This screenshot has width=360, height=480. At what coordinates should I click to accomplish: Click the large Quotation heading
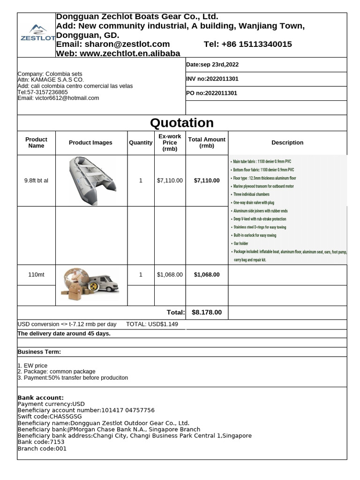[182, 123]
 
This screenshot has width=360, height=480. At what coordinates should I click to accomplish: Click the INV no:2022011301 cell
[212, 79]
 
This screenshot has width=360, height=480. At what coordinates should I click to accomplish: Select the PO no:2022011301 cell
[212, 93]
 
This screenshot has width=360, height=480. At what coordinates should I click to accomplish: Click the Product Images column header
[90, 142]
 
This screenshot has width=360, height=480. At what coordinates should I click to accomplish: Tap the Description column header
[287, 142]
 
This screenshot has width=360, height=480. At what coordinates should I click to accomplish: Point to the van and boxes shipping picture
[90, 284]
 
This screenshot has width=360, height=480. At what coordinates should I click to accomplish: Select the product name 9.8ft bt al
[36, 180]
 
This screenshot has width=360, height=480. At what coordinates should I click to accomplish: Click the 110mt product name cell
[36, 275]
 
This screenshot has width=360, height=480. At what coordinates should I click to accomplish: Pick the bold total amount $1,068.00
[207, 275]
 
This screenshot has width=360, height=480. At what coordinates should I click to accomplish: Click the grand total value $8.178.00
[207, 312]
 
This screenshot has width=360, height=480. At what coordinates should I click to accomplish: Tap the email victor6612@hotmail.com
[58, 98]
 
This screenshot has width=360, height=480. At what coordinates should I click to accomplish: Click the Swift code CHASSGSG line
[49, 416]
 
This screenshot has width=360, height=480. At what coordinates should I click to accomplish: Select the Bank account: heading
[40, 397]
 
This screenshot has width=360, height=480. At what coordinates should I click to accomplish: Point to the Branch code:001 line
[42, 449]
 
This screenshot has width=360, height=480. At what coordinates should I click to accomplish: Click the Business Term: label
[39, 352]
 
